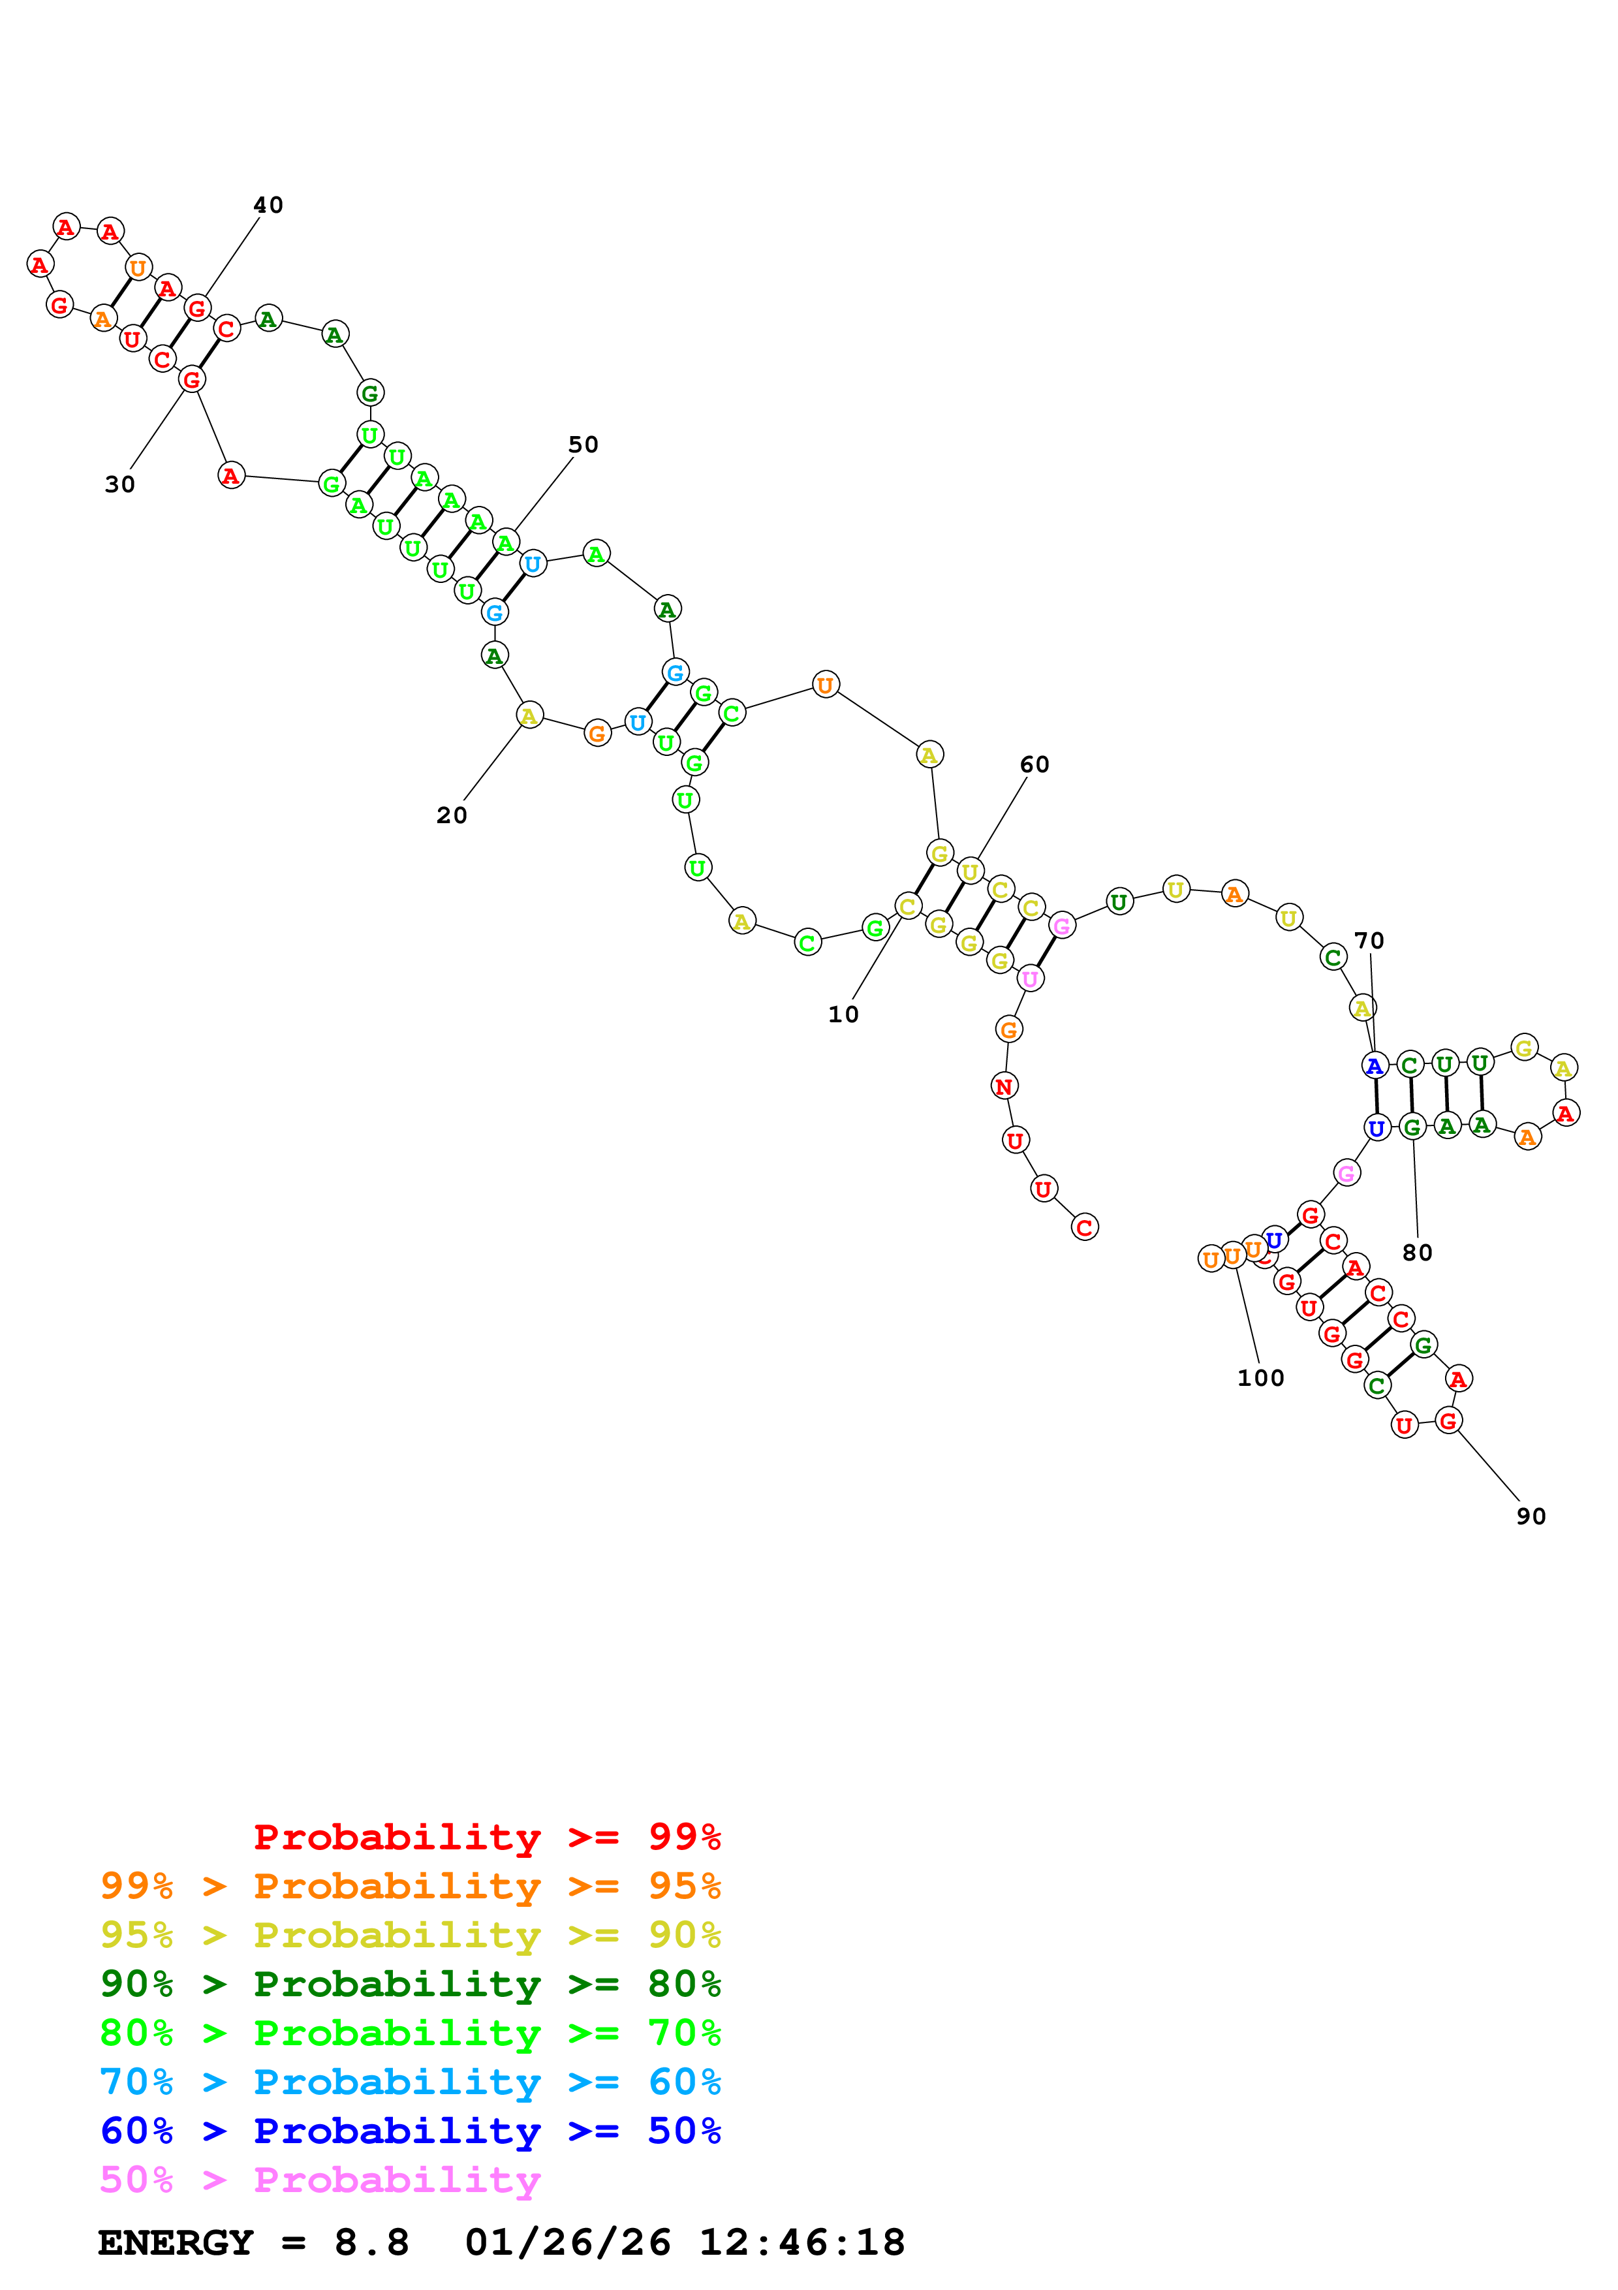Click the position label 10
(x=843, y=1014)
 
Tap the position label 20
(x=452, y=816)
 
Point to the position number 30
(x=119, y=485)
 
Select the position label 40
(x=268, y=206)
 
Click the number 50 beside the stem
(x=583, y=445)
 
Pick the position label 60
(x=1034, y=765)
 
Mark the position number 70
(x=1369, y=941)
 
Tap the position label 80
(x=1416, y=1253)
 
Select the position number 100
(x=1260, y=1379)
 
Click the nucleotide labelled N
(x=1004, y=1086)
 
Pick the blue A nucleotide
(x=1375, y=1066)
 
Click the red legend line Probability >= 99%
(x=486, y=1837)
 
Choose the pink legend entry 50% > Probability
(x=320, y=2180)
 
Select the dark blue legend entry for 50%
(x=410, y=2131)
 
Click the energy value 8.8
(x=371, y=2243)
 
